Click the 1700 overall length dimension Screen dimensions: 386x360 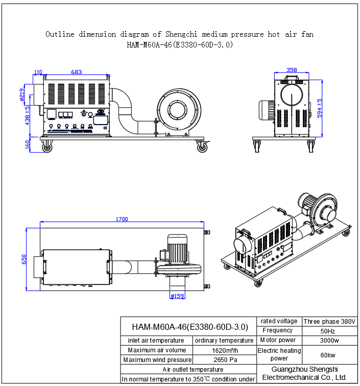(122, 219)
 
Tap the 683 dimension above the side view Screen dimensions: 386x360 (76, 73)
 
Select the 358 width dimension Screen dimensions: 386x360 (292, 70)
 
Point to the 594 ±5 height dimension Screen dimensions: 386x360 (320, 108)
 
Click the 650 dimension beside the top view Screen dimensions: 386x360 (24, 259)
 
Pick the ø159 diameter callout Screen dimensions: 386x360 (177, 296)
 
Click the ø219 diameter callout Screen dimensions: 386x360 (22, 94)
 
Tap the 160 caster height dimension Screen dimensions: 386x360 (28, 144)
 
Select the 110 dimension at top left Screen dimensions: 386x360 (38, 73)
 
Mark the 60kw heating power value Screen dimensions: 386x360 (329, 355)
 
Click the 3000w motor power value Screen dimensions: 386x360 (329, 340)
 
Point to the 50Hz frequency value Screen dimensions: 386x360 (329, 331)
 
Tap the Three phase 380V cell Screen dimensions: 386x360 (329, 322)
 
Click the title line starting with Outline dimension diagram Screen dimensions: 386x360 (180, 35)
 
